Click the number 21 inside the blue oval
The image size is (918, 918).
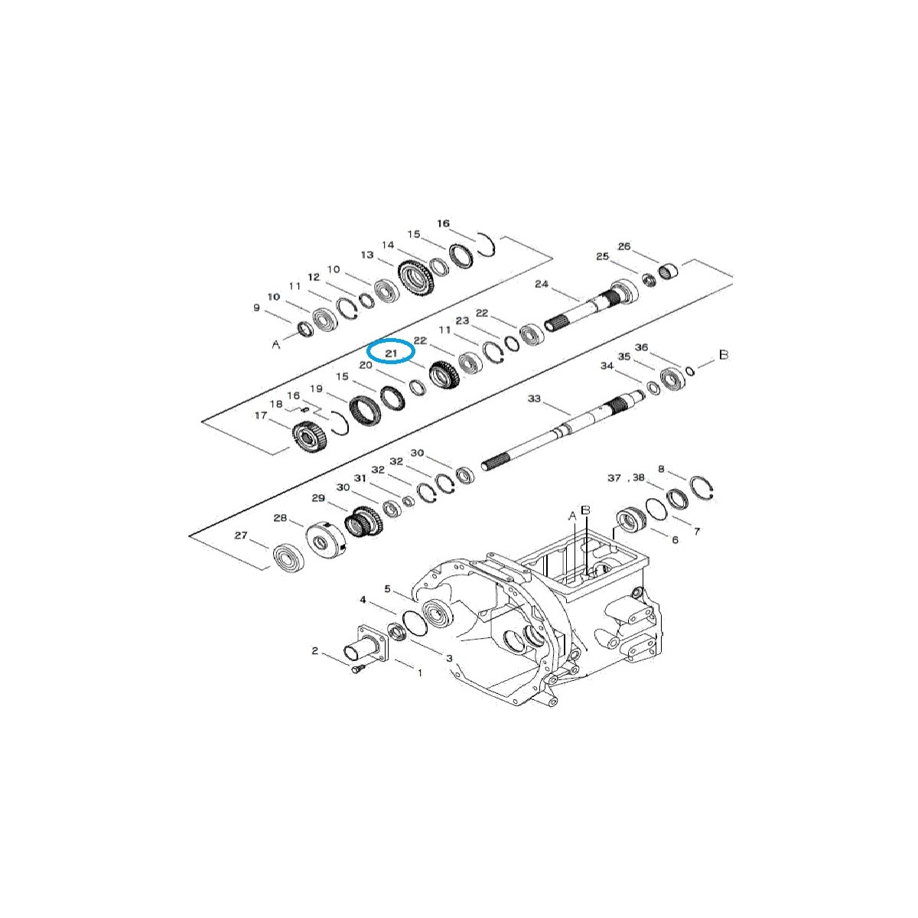coord(391,353)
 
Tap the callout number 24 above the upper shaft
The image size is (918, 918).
coord(542,285)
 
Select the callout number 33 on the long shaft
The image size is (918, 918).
coord(534,399)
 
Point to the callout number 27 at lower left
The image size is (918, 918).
coord(241,535)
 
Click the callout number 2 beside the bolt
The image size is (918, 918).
coord(314,651)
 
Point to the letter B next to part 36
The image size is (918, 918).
coord(724,356)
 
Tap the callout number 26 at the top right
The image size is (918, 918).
coord(624,246)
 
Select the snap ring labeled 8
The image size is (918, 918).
coord(702,487)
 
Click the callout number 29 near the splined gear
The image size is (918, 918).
coord(318,498)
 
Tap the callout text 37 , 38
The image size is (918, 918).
coord(626,477)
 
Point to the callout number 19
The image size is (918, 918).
coord(316,389)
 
